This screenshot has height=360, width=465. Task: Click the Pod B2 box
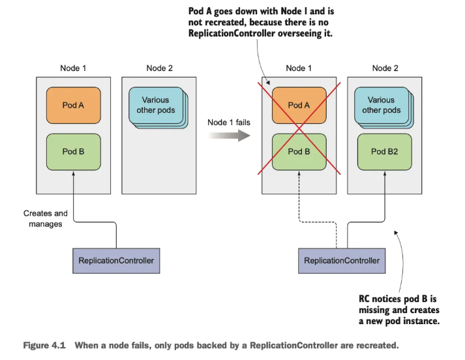point(384,151)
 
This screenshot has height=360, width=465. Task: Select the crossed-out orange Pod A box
point(299,105)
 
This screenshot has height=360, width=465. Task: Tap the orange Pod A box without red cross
point(73,105)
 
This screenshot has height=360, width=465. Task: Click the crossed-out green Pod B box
point(299,151)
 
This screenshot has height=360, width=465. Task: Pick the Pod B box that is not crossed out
point(73,151)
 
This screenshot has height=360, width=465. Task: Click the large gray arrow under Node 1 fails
point(230,136)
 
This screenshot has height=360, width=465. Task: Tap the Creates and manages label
point(45,218)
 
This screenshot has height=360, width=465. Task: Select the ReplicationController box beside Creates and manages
point(116,260)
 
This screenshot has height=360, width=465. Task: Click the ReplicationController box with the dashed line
point(342,260)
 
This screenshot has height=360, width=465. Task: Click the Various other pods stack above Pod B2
point(381,105)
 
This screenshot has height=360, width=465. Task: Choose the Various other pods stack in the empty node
point(155,105)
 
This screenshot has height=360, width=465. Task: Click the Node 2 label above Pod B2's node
point(385,68)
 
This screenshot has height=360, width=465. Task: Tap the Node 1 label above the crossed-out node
point(299,68)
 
